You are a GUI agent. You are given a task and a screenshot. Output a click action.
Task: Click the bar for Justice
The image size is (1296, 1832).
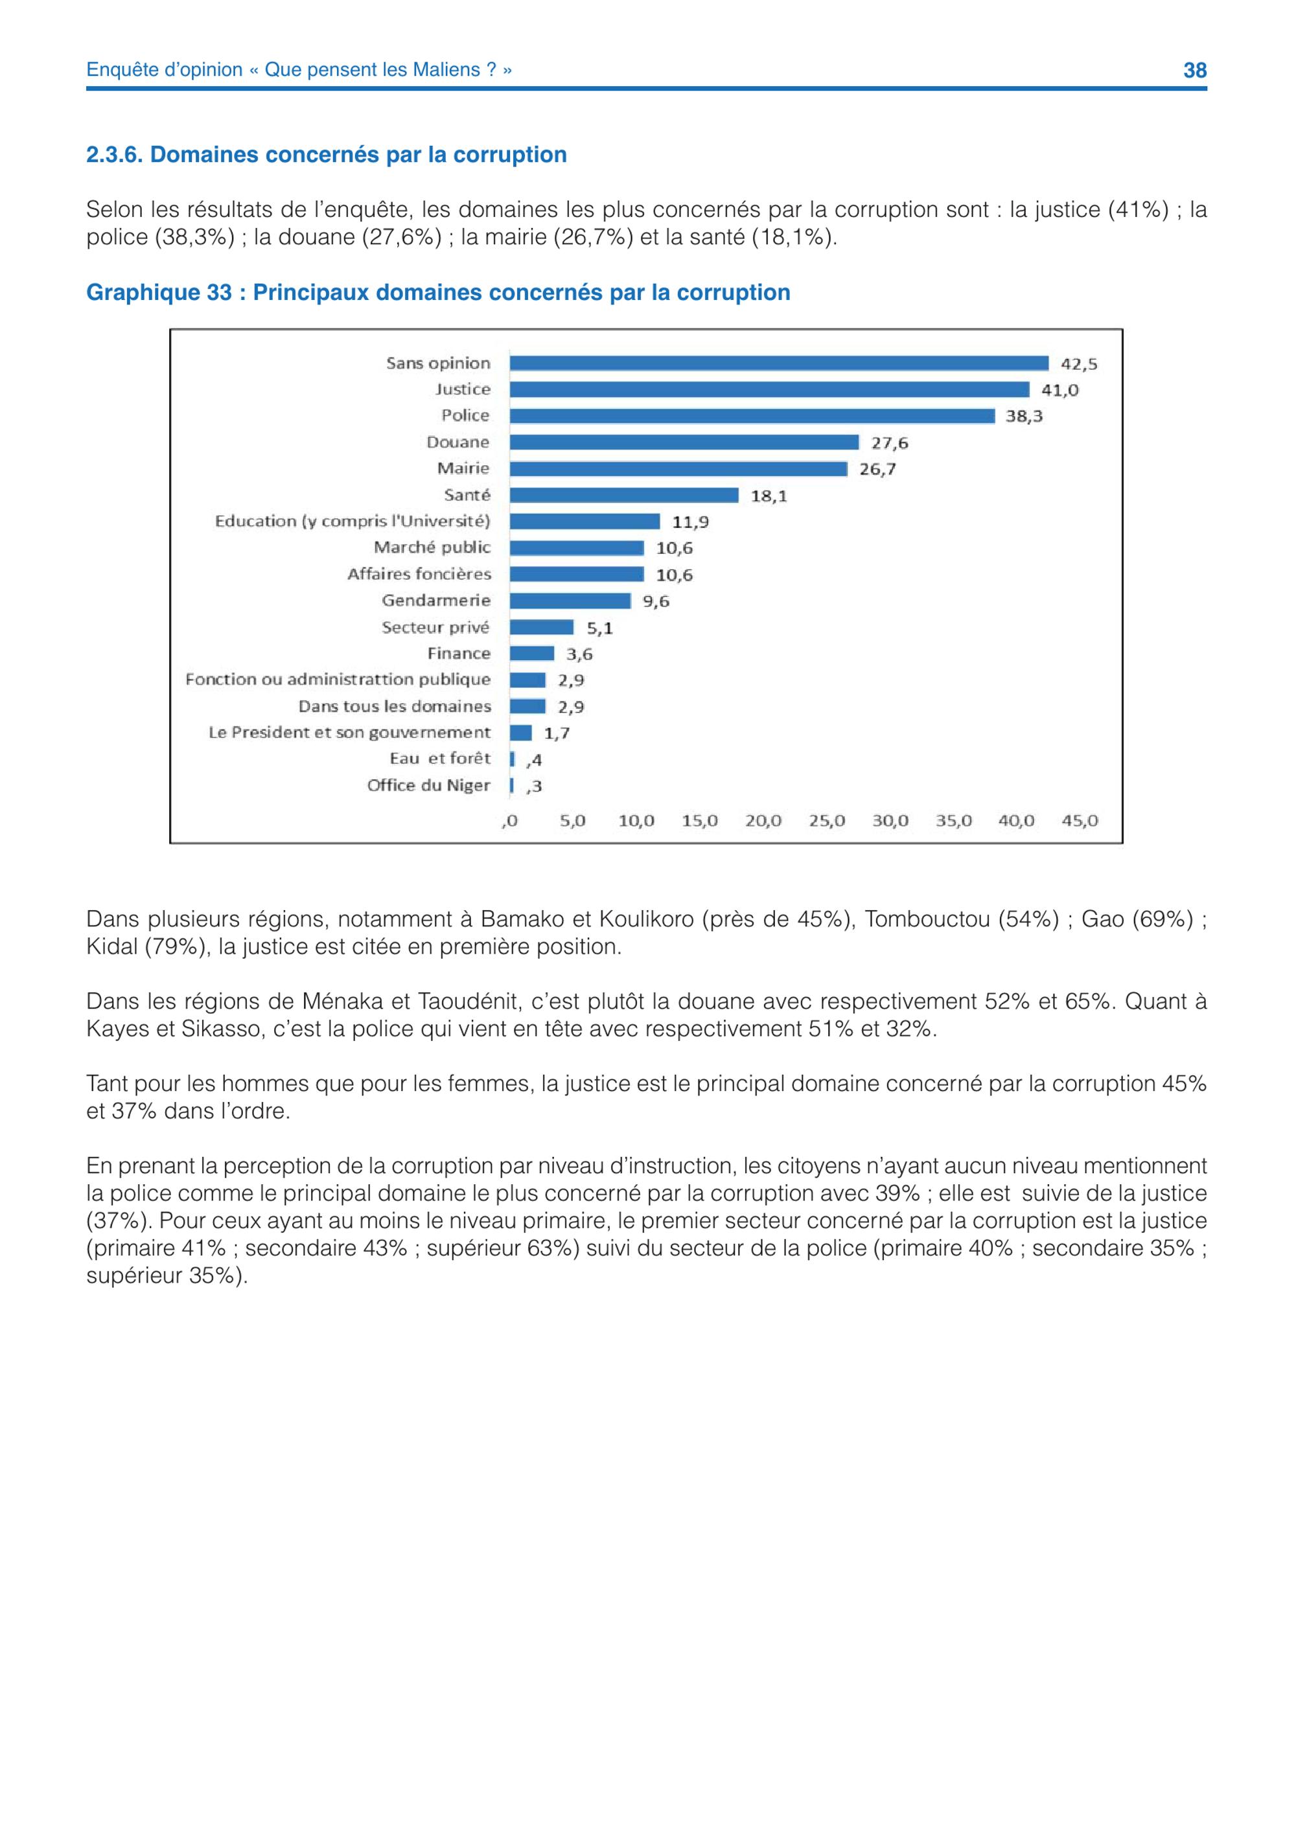(x=769, y=389)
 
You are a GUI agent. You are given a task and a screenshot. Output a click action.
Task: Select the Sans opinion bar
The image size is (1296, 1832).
(x=779, y=363)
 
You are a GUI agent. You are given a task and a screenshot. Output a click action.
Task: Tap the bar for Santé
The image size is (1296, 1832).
(x=624, y=495)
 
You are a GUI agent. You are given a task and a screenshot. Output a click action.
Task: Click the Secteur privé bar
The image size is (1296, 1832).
(x=542, y=627)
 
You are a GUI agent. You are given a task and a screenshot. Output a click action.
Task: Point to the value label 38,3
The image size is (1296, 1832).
(x=1024, y=417)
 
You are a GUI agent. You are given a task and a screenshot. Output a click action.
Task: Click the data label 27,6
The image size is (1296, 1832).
(x=890, y=443)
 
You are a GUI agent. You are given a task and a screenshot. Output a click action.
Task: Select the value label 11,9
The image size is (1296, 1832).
(x=690, y=522)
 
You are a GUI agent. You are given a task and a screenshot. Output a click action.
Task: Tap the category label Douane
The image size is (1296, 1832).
(x=458, y=442)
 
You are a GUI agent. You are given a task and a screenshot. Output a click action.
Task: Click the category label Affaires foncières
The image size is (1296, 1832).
(x=419, y=574)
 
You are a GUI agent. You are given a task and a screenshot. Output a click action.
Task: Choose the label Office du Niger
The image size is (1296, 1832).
(x=428, y=785)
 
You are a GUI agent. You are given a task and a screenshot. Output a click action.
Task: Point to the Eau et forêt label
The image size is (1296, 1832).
(x=441, y=758)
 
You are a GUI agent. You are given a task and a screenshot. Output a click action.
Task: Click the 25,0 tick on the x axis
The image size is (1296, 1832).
(x=827, y=820)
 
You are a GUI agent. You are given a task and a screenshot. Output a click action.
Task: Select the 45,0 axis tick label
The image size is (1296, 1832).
(x=1080, y=820)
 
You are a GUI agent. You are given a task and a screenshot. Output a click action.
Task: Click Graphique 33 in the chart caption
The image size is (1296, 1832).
(x=159, y=293)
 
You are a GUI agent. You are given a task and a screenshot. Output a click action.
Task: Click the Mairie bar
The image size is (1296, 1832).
(x=678, y=468)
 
